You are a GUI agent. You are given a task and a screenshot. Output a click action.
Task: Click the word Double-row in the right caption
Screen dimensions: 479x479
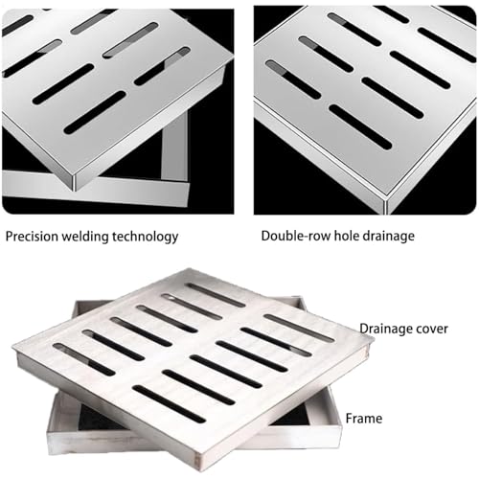pos(293,236)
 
